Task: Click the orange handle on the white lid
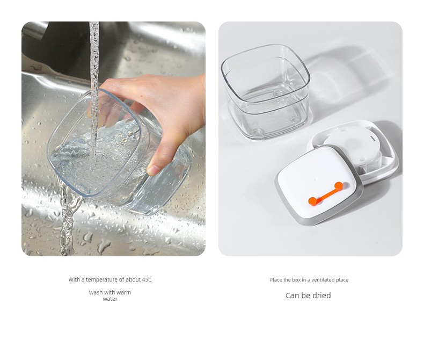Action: pos(326,194)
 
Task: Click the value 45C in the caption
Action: pos(147,279)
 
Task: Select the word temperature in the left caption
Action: pos(101,279)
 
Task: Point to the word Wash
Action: pos(95,293)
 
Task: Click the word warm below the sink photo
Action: pos(124,293)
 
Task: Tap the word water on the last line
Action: pos(110,299)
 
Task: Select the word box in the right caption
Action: pos(296,280)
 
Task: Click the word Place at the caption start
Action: pos(276,280)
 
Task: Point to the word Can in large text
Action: pos(293,296)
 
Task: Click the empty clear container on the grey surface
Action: pos(266,91)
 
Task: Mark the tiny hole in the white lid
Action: pos(316,179)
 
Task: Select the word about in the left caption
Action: pos(133,279)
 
